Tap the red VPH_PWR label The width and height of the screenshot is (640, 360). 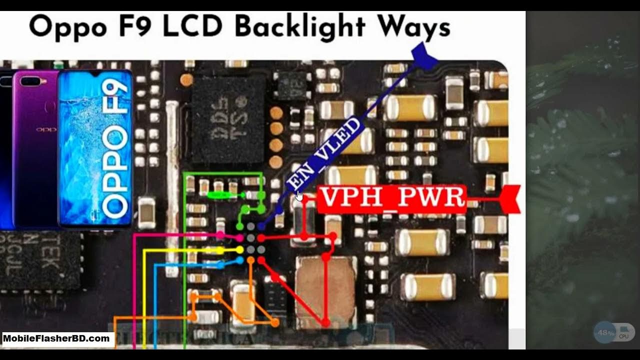(x=392, y=198)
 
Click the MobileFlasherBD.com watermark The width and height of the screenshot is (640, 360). (x=56, y=339)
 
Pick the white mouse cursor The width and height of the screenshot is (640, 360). (x=299, y=195)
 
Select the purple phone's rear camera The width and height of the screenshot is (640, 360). (x=30, y=81)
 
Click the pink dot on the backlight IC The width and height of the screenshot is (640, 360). (x=239, y=238)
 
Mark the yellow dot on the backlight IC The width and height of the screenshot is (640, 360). (x=239, y=249)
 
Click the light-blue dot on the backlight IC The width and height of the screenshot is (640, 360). (x=239, y=260)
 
